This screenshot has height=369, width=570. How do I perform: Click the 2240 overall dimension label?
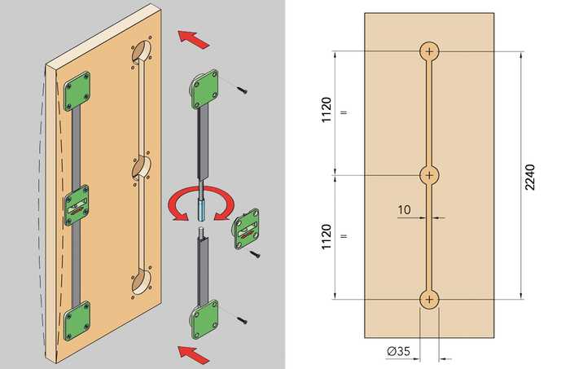pos(530,177)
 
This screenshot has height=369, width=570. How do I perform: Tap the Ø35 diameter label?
pos(398,351)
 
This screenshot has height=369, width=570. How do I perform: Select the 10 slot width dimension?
pos(404,210)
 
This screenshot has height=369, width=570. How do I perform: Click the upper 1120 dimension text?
pos(327,109)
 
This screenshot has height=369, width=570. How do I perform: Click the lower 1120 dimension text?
pos(327,237)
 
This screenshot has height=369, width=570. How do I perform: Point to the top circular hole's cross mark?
pos(430,51)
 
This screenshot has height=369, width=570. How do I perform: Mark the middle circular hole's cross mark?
pos(429,175)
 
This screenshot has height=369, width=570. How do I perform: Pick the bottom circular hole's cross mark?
pos(429,299)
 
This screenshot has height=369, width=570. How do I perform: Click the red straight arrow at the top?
pos(194,39)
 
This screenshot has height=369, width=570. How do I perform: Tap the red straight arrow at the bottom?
pos(194,354)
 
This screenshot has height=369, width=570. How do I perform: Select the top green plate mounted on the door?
pos(77,91)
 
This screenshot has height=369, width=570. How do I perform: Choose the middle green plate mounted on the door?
pos(77,205)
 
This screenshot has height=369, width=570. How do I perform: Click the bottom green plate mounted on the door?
pos(77,321)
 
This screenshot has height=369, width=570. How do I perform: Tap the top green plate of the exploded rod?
pos(204,89)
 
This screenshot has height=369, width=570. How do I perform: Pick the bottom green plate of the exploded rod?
pos(205,319)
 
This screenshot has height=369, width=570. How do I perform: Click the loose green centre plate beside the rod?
pos(248,229)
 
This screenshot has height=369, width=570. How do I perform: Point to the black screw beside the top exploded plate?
pos(242,90)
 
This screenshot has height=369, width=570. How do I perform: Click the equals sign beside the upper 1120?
pos(344,112)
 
